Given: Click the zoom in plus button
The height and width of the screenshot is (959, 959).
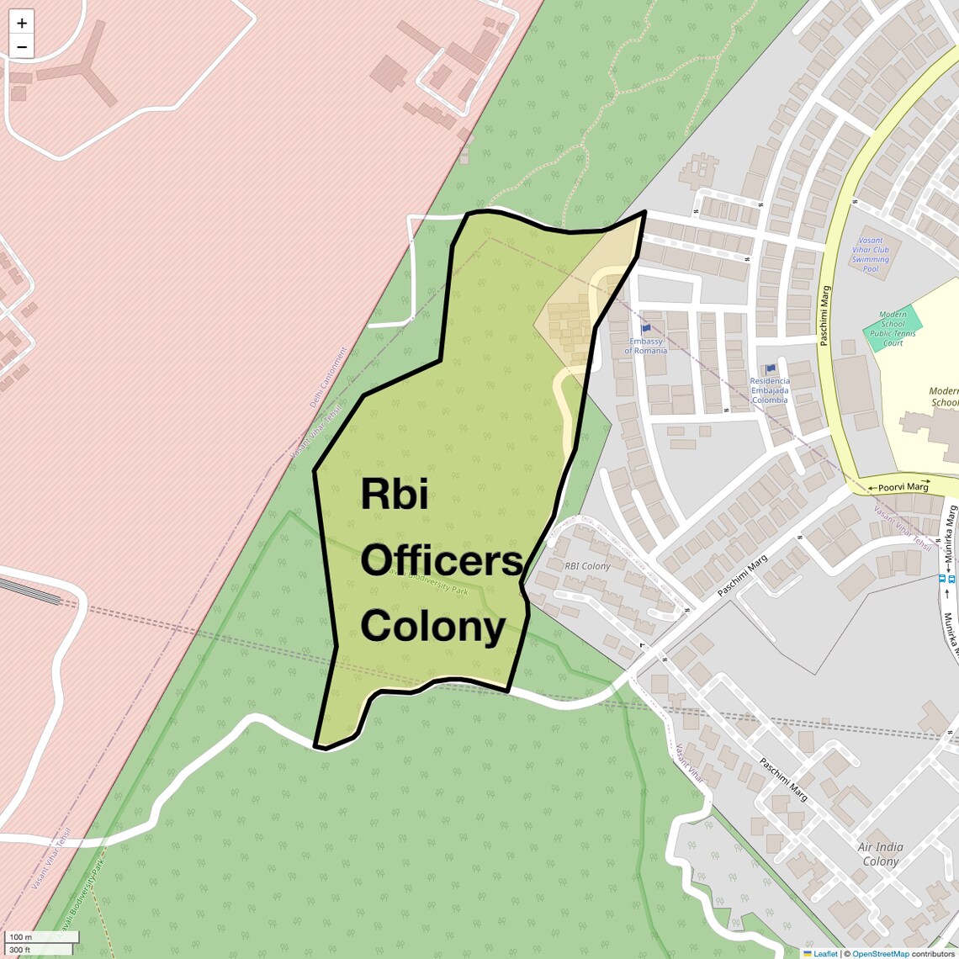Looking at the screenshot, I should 22,23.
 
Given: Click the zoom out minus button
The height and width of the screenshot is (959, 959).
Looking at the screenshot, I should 22,47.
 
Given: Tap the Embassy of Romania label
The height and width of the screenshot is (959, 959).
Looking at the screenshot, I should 645,346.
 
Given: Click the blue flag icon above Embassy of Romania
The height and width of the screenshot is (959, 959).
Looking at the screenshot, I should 646,329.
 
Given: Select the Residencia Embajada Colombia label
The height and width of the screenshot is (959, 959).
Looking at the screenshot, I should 770,390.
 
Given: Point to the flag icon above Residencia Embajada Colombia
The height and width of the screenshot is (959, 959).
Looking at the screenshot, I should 771,368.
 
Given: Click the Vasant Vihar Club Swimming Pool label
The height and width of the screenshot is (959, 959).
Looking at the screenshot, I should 871,254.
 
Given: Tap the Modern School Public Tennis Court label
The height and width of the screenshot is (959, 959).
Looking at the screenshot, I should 893,328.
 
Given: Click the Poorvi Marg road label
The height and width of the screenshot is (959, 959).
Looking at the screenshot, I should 903,487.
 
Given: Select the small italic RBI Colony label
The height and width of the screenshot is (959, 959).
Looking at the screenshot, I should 587,566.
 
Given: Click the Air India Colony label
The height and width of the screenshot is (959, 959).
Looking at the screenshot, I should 880,854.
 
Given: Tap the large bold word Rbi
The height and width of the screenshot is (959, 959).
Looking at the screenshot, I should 395,495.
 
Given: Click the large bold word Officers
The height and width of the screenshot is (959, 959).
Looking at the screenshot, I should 442,560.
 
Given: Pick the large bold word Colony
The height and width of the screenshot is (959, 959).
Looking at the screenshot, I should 433,626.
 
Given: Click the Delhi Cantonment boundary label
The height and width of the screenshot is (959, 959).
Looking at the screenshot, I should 327,378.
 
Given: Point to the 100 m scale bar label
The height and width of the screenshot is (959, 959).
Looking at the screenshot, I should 21,936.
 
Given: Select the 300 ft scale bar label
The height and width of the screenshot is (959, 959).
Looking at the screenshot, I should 20,950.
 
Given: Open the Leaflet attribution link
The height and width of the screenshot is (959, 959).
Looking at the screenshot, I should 824,953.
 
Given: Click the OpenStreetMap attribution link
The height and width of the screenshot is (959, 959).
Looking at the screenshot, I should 880,953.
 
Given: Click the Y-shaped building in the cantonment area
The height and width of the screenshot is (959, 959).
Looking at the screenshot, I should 84,72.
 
